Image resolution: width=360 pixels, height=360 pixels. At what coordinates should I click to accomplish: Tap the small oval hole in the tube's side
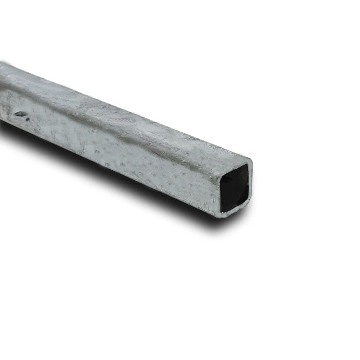[20, 114]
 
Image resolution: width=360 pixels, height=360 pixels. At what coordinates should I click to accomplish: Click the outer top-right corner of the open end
[250, 160]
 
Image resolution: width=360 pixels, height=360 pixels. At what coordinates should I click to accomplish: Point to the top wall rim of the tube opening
[236, 164]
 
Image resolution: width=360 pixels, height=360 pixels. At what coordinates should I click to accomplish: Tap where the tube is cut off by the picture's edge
[2, 93]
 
